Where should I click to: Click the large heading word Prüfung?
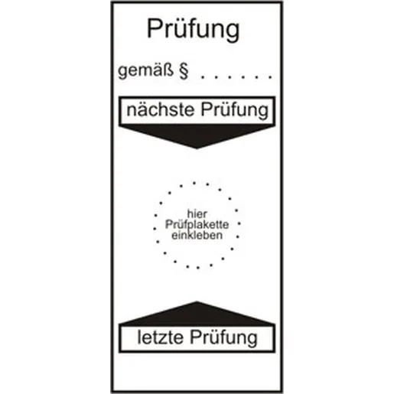point(194,30)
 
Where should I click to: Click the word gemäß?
point(145,70)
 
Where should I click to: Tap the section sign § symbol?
point(184,71)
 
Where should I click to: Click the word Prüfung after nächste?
point(235,110)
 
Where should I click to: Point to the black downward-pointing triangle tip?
point(197,148)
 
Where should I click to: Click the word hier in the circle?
point(197,213)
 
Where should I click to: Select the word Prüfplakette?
point(197,225)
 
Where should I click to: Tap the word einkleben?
point(197,235)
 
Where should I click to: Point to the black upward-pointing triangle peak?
point(197,301)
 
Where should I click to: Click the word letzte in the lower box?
point(161,337)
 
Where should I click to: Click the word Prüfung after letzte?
point(223,338)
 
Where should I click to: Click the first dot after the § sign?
point(203,77)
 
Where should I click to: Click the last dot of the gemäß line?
point(271,77)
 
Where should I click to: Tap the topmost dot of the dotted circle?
point(194,183)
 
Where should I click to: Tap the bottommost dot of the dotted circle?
point(198,268)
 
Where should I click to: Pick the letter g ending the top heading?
point(232,32)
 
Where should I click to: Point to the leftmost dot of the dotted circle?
point(155,229)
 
